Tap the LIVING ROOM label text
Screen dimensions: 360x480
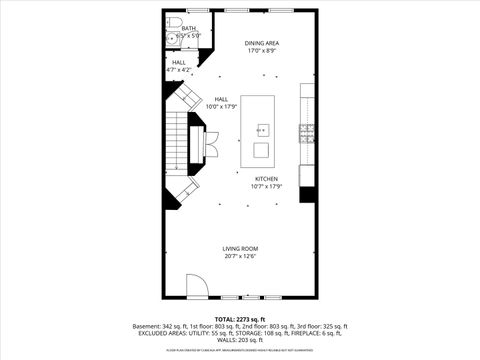pyautogui.click(x=240, y=248)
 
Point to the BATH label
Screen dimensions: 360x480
pyautogui.click(x=188, y=29)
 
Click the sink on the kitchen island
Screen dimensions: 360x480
pyautogui.click(x=262, y=129)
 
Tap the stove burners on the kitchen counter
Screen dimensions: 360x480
pyautogui.click(x=308, y=130)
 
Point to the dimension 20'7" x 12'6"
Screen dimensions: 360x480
pyautogui.click(x=240, y=257)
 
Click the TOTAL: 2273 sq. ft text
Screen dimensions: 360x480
pyautogui.click(x=240, y=318)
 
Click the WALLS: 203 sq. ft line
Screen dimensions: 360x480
pyautogui.click(x=240, y=340)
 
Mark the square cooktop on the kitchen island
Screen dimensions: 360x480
pyautogui.click(x=261, y=151)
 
